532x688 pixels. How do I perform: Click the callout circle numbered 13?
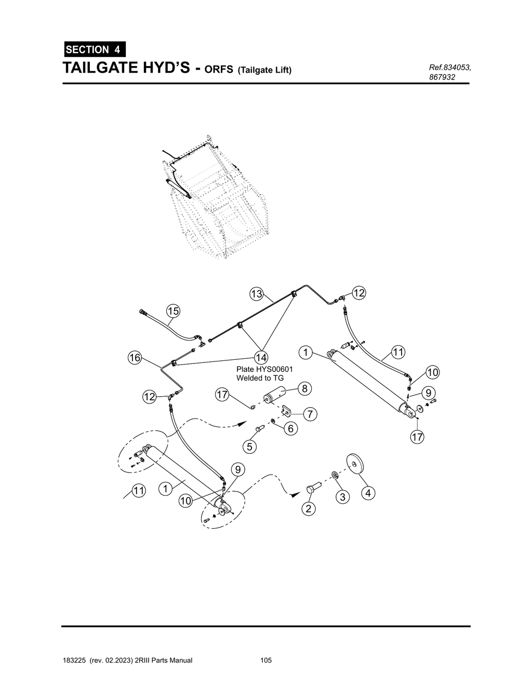(x=257, y=294)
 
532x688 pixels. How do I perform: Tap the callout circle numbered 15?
(x=173, y=311)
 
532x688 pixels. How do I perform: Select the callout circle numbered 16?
(x=135, y=358)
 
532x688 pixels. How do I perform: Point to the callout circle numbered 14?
(x=261, y=357)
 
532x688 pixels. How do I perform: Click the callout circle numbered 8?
(x=304, y=388)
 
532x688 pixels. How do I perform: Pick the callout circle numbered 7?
(x=310, y=414)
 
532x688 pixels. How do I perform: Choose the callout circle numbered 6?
(x=291, y=428)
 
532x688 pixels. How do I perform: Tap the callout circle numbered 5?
(x=250, y=447)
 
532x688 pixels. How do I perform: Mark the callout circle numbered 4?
(x=368, y=493)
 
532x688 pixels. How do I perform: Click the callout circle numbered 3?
(x=342, y=497)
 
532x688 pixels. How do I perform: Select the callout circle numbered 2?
(x=309, y=508)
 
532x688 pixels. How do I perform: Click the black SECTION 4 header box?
(x=94, y=50)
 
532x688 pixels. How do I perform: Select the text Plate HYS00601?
(x=264, y=369)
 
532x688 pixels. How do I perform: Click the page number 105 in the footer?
(x=266, y=660)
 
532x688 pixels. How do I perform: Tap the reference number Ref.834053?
(x=449, y=68)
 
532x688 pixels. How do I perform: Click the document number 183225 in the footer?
(x=74, y=660)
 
